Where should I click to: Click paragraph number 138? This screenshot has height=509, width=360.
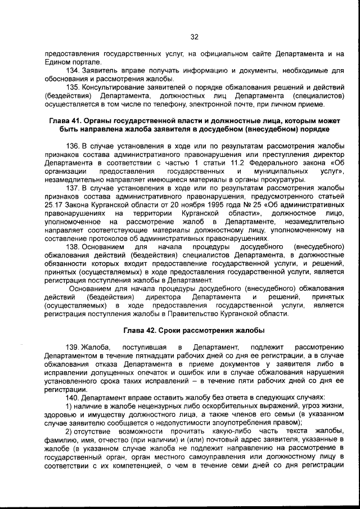tap(74, 246)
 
